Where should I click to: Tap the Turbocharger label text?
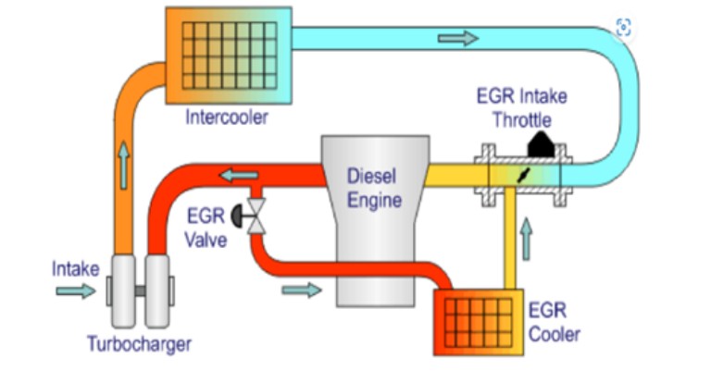point(139,344)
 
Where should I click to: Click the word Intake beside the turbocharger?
point(76,269)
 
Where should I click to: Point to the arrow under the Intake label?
point(75,291)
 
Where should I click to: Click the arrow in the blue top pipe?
point(458,39)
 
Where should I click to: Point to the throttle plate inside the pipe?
point(524,174)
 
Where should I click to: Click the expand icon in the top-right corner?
point(624,29)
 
